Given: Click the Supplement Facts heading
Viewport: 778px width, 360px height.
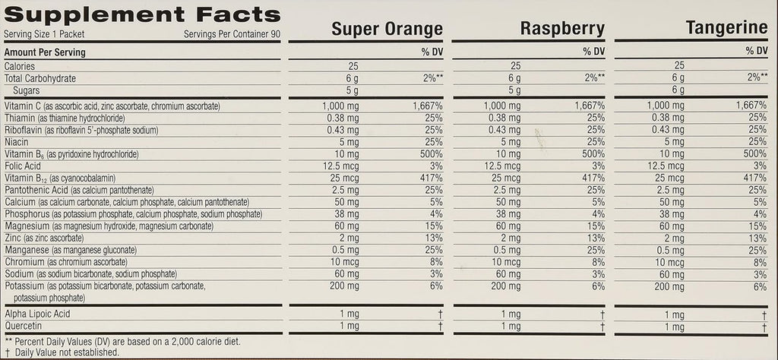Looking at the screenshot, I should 142,15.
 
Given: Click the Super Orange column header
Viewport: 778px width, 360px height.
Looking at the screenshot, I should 387,30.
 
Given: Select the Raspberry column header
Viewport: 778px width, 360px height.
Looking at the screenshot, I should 562,29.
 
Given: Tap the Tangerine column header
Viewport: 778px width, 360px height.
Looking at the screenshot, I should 726,28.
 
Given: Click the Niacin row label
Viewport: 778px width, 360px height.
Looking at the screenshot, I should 17,142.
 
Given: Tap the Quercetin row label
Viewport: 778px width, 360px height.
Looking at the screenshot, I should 24,326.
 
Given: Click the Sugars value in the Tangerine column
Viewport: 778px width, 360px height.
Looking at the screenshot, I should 679,90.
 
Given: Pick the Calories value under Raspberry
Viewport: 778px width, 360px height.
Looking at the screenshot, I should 516,66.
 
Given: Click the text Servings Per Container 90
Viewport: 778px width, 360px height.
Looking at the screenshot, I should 231,35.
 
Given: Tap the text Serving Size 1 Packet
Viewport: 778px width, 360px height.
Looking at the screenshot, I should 42,35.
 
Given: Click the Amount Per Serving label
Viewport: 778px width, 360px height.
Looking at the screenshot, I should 45,52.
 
